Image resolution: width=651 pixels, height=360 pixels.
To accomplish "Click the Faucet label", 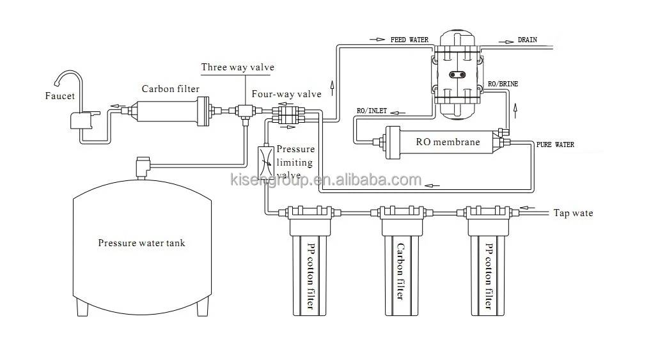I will click(61, 96).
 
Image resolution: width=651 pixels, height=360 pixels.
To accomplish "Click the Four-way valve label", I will click(286, 94).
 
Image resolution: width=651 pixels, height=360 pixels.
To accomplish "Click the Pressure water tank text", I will click(141, 243).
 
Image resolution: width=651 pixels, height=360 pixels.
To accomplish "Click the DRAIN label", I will click(527, 40).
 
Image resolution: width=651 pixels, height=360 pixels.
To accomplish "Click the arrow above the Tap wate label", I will click(528, 207).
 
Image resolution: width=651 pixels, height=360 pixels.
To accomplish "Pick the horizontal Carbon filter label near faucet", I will click(170, 89).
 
